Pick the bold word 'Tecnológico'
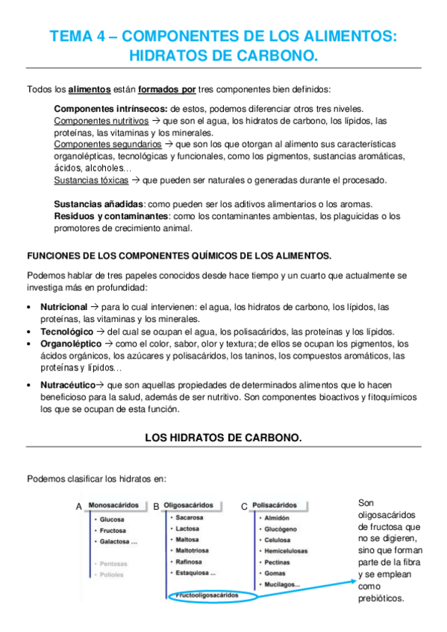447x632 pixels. pos(67,332)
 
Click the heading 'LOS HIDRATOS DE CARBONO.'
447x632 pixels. pos(223,438)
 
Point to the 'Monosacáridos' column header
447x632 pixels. pos(113,505)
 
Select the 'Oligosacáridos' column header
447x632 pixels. pos(188,505)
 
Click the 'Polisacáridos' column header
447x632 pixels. pos(275,505)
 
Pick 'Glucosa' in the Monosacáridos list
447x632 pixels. pos(112,519)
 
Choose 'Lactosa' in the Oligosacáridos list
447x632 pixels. pos(187,528)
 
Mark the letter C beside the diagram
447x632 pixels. pos(244,507)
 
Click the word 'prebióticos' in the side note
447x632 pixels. pos(381,598)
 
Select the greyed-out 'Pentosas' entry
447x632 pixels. pos(112,563)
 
